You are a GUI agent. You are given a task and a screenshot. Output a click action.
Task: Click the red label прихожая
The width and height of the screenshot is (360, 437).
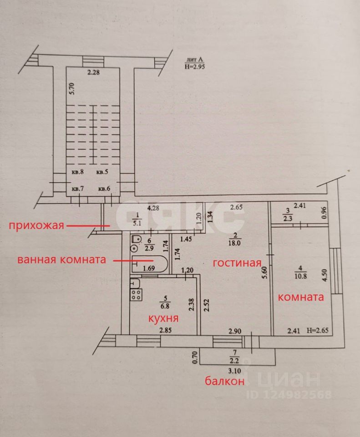coord(36,225)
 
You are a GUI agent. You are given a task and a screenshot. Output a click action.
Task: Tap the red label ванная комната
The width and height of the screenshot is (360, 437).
coord(62,259)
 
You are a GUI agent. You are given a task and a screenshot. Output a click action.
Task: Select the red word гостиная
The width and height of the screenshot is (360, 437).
coord(237,263)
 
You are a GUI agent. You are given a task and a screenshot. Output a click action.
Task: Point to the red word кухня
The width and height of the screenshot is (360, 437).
coord(163,318)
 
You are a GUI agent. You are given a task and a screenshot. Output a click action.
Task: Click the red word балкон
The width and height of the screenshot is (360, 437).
coord(224,381)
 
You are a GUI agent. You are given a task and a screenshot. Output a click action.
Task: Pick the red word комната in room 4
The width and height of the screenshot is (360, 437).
coord(301,297)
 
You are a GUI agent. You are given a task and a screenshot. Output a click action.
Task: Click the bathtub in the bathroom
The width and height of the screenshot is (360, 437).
coord(149,264)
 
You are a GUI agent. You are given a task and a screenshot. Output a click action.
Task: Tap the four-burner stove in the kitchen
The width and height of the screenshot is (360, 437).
coord(136,295)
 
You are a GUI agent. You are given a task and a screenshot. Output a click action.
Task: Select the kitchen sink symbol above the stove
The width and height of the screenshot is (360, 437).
coord(135,283)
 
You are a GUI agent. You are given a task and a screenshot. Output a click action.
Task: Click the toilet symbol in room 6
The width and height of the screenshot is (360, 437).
coord(136,239)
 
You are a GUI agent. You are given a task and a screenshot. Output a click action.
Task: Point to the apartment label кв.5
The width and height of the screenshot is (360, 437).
coord(102,172)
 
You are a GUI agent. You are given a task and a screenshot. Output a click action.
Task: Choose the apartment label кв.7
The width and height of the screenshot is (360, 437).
coord(78,188)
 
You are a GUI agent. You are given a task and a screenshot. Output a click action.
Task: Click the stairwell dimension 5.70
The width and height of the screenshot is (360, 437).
coord(72,89)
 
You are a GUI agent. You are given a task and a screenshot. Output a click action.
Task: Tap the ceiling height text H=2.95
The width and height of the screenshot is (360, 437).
coord(195,66)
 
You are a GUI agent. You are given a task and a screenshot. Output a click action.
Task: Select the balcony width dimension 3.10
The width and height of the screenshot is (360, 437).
coord(234,371)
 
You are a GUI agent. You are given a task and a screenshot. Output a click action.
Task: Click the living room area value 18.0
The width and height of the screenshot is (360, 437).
coord(234,243)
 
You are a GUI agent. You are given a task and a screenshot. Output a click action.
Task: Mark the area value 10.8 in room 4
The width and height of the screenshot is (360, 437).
coord(300,276)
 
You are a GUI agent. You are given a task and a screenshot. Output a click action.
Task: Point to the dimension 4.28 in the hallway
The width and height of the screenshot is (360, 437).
coord(153,208)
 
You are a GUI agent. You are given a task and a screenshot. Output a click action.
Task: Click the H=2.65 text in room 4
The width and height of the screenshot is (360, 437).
coord(318,331)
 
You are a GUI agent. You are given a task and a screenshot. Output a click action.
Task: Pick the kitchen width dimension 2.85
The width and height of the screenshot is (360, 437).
coord(165,330)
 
